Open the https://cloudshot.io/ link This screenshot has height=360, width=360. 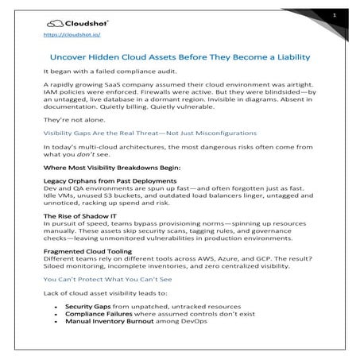(x=68, y=36)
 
